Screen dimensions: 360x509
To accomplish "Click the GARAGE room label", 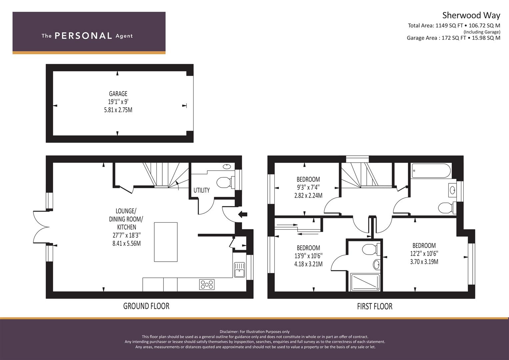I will coord(118,94).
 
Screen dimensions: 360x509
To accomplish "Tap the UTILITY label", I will coord(201,190).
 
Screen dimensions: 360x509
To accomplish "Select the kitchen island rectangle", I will coord(166,242).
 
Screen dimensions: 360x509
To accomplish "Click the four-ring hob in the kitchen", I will coord(207,284).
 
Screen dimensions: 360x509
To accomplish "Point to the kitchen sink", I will coord(239,270).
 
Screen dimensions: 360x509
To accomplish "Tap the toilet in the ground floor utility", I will coord(224,183).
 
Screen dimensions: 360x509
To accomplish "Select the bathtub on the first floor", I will coord(431,171).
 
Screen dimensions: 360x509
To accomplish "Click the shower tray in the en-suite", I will coord(365,282).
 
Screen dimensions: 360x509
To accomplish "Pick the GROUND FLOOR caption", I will coord(146,306).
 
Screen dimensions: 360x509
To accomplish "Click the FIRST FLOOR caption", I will coord(374,306).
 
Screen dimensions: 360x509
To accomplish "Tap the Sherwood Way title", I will coord(471,15).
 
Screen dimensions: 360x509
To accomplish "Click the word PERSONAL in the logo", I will coord(83,36).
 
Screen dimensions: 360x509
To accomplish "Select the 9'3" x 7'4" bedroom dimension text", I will coord(308,188).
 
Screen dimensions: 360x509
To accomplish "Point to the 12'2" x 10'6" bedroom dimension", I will coord(424,254).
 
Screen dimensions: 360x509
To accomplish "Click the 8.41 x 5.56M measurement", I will coord(126,244).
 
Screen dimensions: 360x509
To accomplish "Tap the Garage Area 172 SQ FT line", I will coord(453,38).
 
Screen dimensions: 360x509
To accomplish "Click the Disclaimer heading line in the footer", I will coord(254,332).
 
